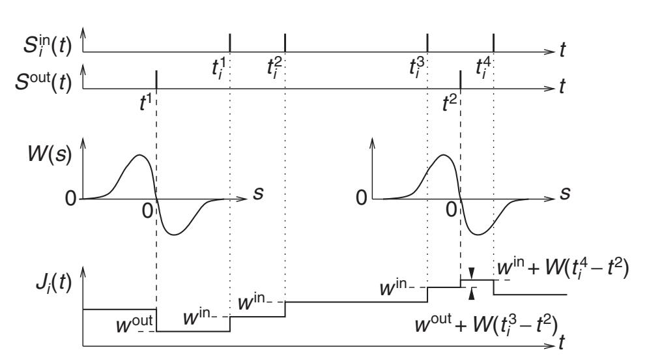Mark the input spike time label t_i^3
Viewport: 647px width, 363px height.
[x=418, y=67]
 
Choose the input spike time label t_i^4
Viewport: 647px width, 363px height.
[x=485, y=67]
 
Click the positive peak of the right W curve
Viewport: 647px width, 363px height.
[x=444, y=154]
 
